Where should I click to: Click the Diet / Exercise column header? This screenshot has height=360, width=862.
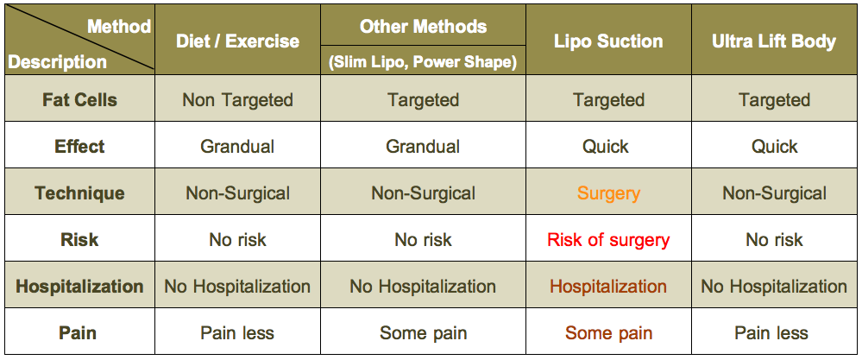click(x=237, y=41)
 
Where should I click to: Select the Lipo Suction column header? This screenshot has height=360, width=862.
click(x=608, y=41)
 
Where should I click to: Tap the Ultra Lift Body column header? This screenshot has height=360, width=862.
click(x=773, y=41)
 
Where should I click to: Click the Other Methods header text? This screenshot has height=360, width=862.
click(x=424, y=26)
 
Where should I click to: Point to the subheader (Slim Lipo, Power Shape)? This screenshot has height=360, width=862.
click(x=424, y=62)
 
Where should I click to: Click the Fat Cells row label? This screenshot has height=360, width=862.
click(x=79, y=99)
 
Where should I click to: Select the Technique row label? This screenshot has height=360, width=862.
click(x=79, y=193)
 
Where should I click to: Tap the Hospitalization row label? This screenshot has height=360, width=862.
click(x=79, y=287)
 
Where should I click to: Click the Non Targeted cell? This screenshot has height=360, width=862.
click(x=237, y=99)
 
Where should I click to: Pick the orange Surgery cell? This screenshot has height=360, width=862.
click(x=608, y=193)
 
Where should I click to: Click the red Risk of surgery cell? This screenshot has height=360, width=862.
click(x=608, y=240)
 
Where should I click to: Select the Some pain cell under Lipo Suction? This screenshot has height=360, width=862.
click(x=608, y=333)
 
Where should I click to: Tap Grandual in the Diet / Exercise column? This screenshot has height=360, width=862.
click(x=237, y=146)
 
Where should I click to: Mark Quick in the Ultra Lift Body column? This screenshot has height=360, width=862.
click(x=775, y=146)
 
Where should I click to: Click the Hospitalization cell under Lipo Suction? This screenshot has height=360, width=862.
click(x=608, y=287)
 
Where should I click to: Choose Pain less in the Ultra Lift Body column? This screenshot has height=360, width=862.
click(x=771, y=333)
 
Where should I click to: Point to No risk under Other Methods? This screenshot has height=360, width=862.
click(x=424, y=240)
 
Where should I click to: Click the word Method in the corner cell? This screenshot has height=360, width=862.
click(x=119, y=26)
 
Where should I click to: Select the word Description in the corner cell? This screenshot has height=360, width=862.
click(x=57, y=61)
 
